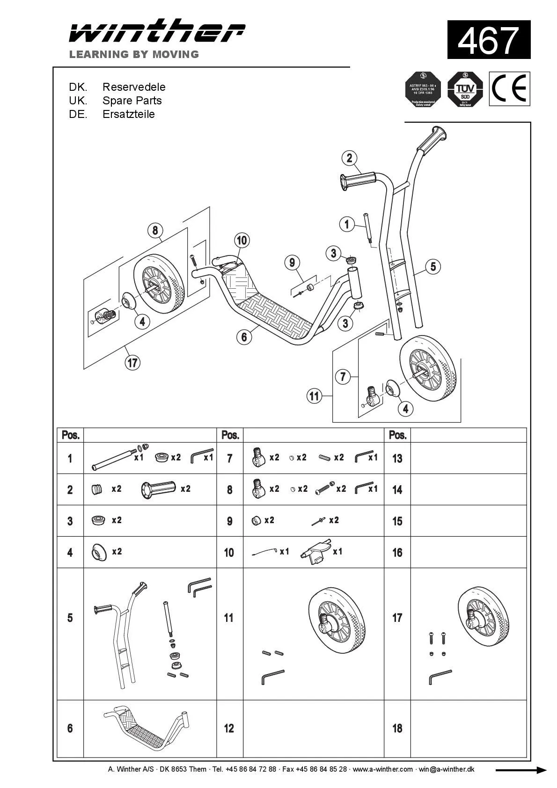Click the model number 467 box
click(489, 40)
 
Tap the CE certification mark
click(510, 89)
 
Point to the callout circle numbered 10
click(242, 241)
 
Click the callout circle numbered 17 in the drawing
click(133, 362)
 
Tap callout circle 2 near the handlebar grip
click(349, 158)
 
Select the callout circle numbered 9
click(292, 263)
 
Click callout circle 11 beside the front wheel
click(314, 396)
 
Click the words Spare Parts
click(132, 101)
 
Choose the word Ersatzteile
click(128, 114)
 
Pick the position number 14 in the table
click(397, 490)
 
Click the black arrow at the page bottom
click(520, 770)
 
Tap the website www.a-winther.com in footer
click(382, 769)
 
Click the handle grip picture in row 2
click(158, 489)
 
